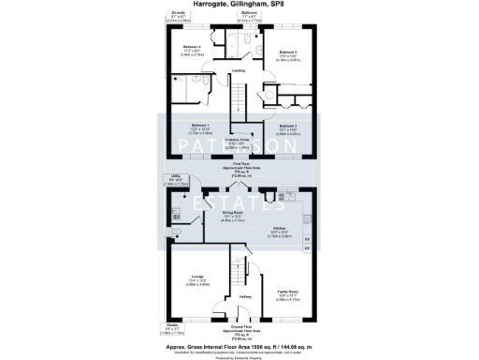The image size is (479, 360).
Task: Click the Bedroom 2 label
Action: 287,52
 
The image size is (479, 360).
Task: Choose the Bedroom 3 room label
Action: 287,125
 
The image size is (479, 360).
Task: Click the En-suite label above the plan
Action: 178,13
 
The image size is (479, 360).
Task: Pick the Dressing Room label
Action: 238,140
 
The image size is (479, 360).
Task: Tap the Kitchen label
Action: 278,228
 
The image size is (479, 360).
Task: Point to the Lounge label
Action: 197,276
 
